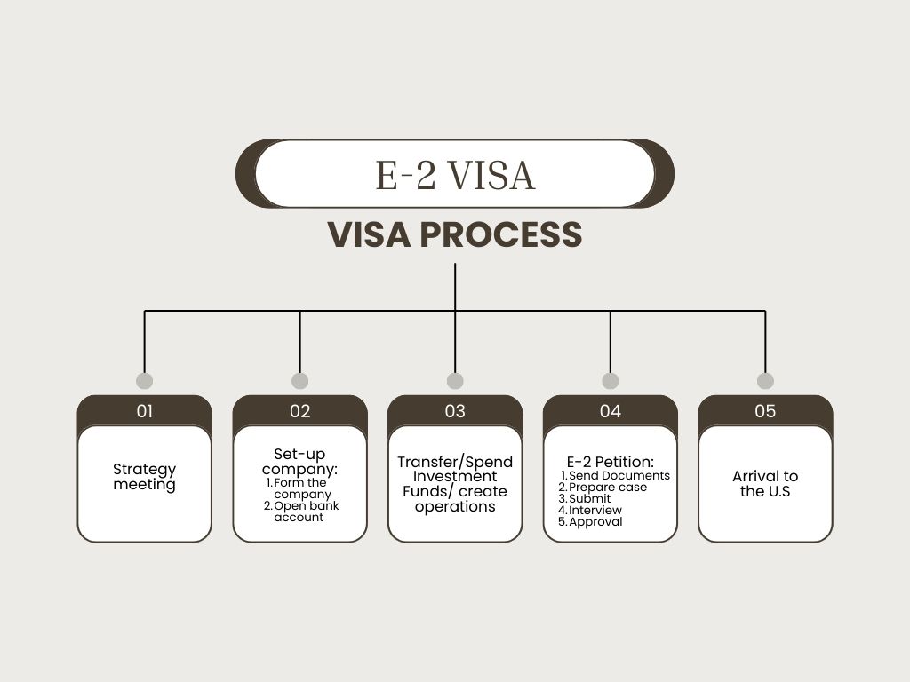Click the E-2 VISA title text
tap(455, 174)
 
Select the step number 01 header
tap(145, 411)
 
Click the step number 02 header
tap(300, 411)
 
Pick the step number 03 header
tap(455, 411)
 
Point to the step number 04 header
tap(611, 411)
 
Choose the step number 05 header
tap(765, 411)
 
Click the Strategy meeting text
tap(145, 477)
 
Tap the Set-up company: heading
tap(300, 461)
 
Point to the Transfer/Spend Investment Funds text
tap(455, 484)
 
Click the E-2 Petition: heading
tap(610, 462)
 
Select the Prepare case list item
tap(608, 488)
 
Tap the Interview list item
tap(595, 511)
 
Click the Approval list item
tap(595, 522)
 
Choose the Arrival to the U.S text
tap(765, 484)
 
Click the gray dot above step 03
tap(455, 381)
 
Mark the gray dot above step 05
tap(765, 381)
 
